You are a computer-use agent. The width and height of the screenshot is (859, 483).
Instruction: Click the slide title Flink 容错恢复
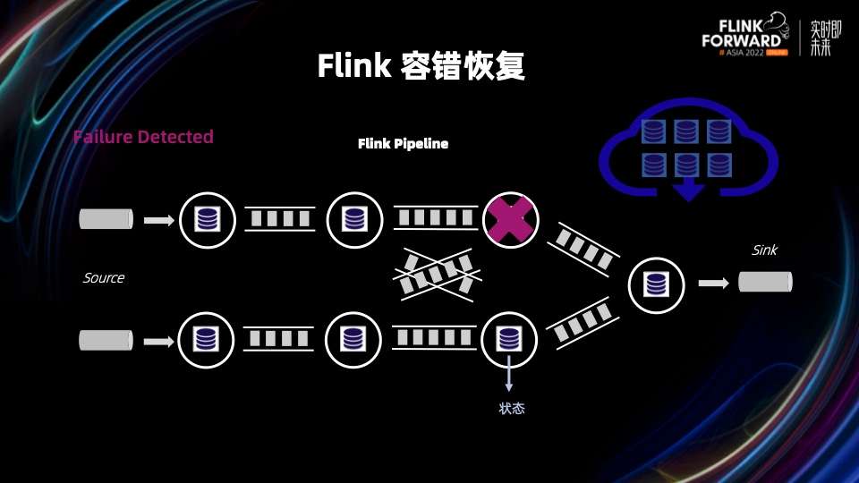pyautogui.click(x=421, y=67)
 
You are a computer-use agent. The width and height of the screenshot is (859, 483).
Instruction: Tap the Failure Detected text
pyautogui.click(x=143, y=137)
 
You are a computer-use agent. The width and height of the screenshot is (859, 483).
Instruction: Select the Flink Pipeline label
pyautogui.click(x=403, y=143)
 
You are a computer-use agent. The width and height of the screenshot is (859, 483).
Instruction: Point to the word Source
pyautogui.click(x=104, y=278)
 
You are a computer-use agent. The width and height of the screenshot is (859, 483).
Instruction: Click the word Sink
pyautogui.click(x=764, y=250)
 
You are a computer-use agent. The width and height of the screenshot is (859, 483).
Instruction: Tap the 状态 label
pyautogui.click(x=511, y=409)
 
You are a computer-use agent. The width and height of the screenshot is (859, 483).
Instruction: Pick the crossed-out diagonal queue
pyautogui.click(x=438, y=271)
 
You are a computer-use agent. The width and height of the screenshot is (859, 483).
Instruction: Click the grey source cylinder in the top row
pyautogui.click(x=106, y=219)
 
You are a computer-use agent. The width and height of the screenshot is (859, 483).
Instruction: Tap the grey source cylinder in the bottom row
pyautogui.click(x=106, y=340)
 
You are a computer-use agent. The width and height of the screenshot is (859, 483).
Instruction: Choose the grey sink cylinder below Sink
pyautogui.click(x=765, y=283)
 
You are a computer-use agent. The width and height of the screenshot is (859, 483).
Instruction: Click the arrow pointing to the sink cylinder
pyautogui.click(x=713, y=283)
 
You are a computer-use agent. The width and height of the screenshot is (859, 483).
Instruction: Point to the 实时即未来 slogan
pyautogui.click(x=821, y=38)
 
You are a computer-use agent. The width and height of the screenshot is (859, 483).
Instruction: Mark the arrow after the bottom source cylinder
pyautogui.click(x=159, y=341)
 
